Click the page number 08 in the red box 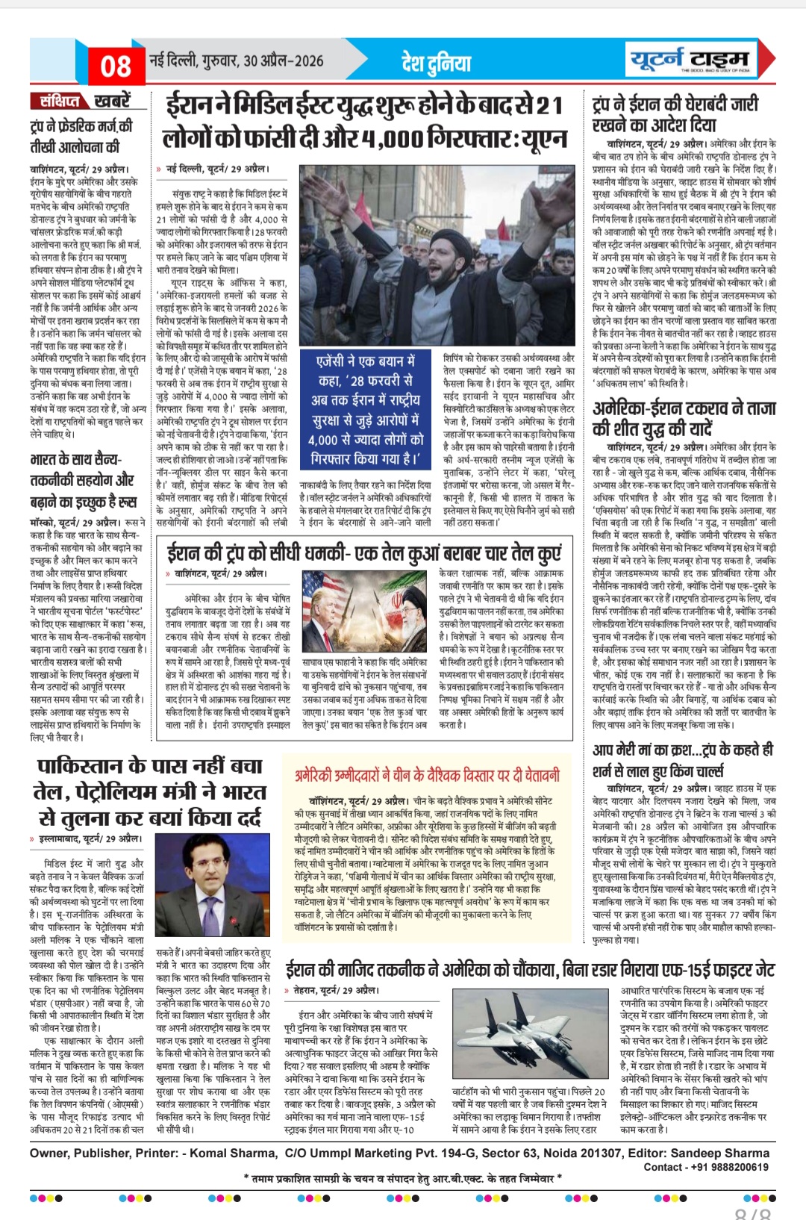coord(116,66)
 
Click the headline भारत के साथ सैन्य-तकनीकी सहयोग coord(84,479)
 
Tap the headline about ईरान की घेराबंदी coord(675,113)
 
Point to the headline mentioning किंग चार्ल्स coord(682,760)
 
